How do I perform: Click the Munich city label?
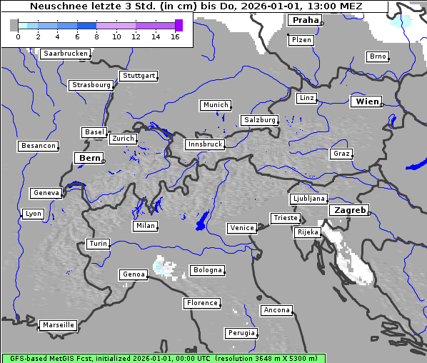(x=216, y=105)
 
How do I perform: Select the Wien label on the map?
(x=367, y=101)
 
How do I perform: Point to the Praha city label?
(x=305, y=20)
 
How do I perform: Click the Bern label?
(x=89, y=157)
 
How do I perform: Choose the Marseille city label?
(x=58, y=325)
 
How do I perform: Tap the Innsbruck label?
(x=204, y=144)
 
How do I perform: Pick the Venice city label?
(x=241, y=228)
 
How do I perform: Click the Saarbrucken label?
(x=66, y=54)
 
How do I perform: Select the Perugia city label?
(x=241, y=333)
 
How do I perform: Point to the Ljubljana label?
(x=308, y=199)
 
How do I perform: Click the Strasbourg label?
(x=91, y=85)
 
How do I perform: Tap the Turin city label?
(x=98, y=244)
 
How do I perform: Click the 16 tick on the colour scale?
(x=176, y=36)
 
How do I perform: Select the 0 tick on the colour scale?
(x=18, y=36)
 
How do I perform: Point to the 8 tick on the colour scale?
(x=96, y=36)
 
